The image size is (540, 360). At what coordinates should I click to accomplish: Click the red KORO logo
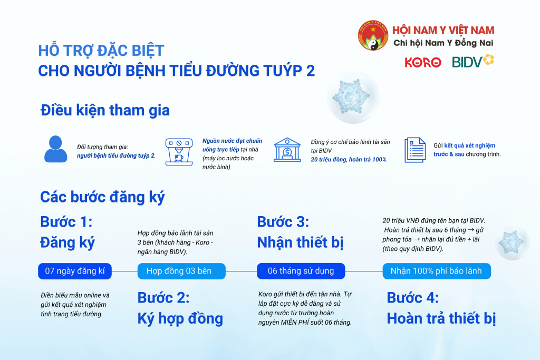(x=423, y=62)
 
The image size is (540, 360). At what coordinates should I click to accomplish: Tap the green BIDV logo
(x=473, y=62)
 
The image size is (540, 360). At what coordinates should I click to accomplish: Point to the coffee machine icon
(x=178, y=151)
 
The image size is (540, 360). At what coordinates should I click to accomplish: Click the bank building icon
(x=287, y=150)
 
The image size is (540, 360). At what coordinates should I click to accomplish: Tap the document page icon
(x=415, y=150)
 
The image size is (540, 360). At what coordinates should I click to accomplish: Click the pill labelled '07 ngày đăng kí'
(x=75, y=271)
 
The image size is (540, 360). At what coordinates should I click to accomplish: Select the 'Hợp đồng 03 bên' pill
(x=181, y=271)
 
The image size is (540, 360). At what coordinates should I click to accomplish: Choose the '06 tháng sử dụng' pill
(x=301, y=271)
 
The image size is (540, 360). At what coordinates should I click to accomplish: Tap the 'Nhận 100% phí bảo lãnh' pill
(x=436, y=271)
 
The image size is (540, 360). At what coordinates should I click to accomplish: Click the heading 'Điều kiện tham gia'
(x=105, y=111)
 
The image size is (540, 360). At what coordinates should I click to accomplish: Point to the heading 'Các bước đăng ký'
(x=102, y=197)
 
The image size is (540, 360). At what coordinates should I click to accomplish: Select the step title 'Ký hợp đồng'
(x=180, y=318)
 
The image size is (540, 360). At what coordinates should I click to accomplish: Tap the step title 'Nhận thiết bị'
(x=300, y=242)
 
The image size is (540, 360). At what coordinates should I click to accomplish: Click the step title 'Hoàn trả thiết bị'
(x=441, y=318)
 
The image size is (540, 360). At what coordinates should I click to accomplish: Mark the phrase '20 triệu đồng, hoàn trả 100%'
(x=349, y=159)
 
